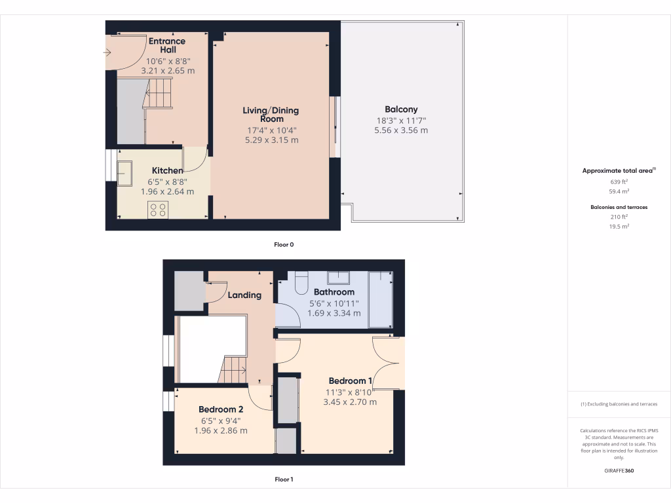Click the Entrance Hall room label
coord(167,45)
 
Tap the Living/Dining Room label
coord(271,115)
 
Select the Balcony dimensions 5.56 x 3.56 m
coord(401,130)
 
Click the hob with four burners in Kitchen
coord(158,210)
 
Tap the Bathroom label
coord(334,292)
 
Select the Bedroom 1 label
coord(350,381)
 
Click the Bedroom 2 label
coord(221,409)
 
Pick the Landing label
coord(244,295)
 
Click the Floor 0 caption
coord(284,245)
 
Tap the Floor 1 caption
coord(284,479)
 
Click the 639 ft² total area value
coord(619,181)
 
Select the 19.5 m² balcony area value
coord(619,226)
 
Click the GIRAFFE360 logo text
coord(619,471)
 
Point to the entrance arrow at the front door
coord(107,52)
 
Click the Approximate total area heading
coord(619,170)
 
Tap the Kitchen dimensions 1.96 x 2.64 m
coord(167,192)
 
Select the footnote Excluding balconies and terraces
coord(619,404)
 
